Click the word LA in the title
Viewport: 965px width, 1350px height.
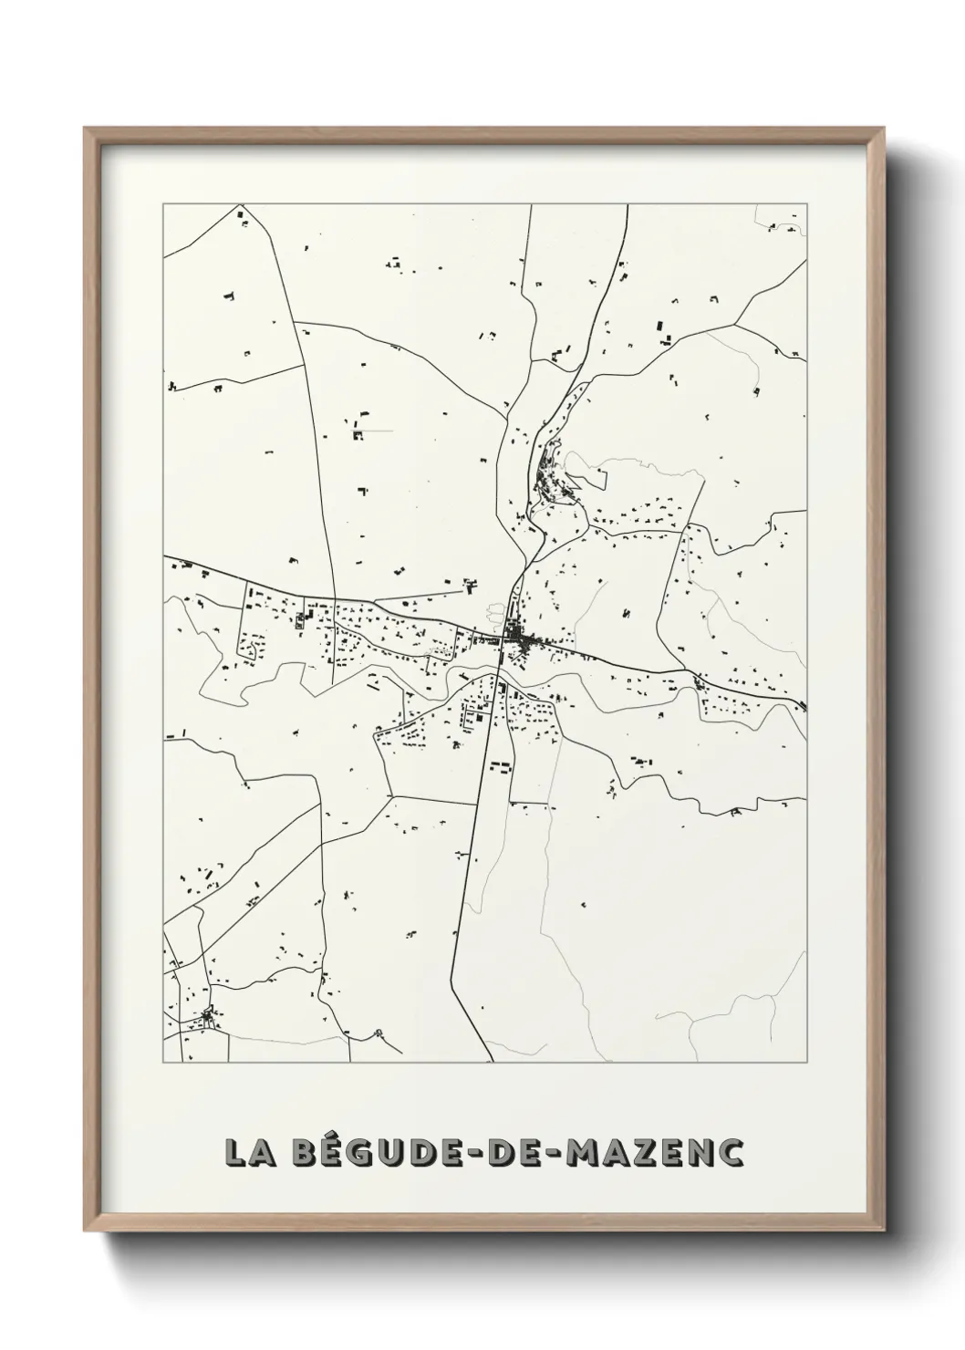(245, 1152)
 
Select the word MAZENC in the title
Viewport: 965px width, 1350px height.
(654, 1152)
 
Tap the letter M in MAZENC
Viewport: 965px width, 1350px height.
(585, 1152)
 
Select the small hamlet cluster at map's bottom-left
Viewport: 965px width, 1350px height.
(211, 1015)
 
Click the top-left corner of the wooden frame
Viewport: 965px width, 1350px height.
(86, 129)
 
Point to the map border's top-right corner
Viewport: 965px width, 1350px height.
(807, 204)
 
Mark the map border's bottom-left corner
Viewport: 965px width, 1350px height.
(164, 1063)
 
